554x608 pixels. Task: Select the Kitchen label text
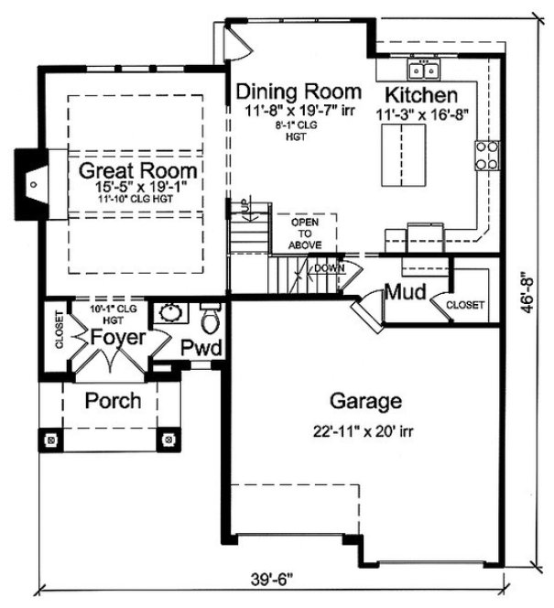[x=420, y=95]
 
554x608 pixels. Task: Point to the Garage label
[x=361, y=401]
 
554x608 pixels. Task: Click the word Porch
[x=113, y=401]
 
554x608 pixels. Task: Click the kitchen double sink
[x=424, y=70]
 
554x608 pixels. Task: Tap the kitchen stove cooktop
[x=486, y=157]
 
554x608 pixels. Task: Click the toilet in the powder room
[x=211, y=319]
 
